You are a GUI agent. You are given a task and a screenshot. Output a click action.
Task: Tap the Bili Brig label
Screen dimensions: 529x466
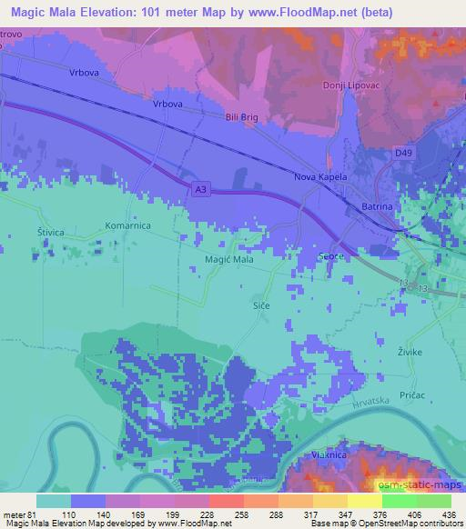coord(241,117)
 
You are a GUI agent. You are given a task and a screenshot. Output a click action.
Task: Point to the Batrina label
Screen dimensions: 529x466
coord(378,207)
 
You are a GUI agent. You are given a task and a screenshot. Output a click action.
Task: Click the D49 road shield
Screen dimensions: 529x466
coord(404,155)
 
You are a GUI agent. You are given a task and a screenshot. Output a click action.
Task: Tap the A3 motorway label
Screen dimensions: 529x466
coord(199,188)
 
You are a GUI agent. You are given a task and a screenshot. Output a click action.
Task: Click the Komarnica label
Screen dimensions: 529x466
coord(127,225)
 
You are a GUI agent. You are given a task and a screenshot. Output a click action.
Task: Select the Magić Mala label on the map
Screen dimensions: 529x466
coord(228,259)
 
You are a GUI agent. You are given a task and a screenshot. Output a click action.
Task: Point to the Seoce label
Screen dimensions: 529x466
coord(330,257)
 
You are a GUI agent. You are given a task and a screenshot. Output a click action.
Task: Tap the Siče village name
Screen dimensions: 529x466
coord(261,307)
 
